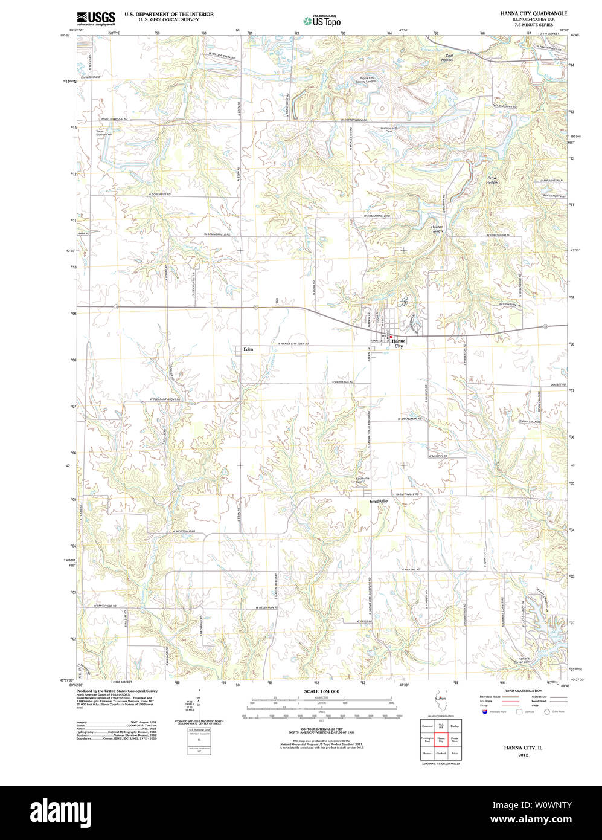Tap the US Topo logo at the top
pyautogui.click(x=322, y=20)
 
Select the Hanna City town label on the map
pyautogui.click(x=399, y=343)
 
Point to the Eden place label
pyautogui.click(x=248, y=349)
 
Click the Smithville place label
pyautogui.click(x=379, y=502)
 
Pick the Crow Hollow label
pyautogui.click(x=492, y=180)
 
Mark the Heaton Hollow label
pyautogui.click(x=437, y=229)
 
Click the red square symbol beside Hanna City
pyautogui.click(x=391, y=337)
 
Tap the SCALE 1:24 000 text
pyautogui.click(x=322, y=691)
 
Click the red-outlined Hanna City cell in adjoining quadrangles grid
pyautogui.click(x=441, y=739)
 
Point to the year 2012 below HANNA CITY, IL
pyautogui.click(x=523, y=754)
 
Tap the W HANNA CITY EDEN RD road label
pyautogui.click(x=293, y=344)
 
